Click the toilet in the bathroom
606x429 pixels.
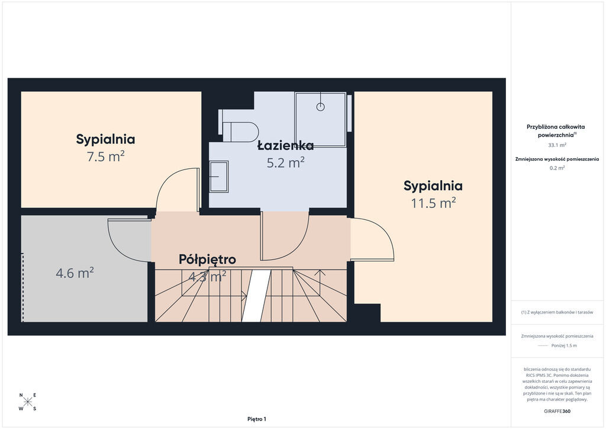click(x=239, y=126)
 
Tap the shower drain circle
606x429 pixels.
click(x=320, y=107)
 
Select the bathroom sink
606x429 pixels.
click(x=219, y=177)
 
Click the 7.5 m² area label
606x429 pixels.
click(x=105, y=156)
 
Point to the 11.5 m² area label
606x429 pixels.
click(x=433, y=203)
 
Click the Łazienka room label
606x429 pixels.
click(x=286, y=145)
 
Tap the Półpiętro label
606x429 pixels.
click(x=207, y=259)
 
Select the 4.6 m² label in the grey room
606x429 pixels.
click(x=75, y=273)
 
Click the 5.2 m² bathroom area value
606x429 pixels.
click(x=286, y=162)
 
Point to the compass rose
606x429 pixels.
click(x=28, y=402)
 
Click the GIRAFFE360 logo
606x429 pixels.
click(x=557, y=411)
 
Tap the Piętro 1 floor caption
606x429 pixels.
click(x=257, y=419)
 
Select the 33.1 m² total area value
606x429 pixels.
click(x=557, y=145)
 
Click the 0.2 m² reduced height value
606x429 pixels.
click(x=557, y=168)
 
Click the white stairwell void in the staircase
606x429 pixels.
click(x=256, y=296)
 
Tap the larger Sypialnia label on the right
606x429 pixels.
click(x=433, y=186)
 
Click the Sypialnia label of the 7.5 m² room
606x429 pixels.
click(x=105, y=139)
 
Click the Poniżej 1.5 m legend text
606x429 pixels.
click(x=564, y=345)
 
